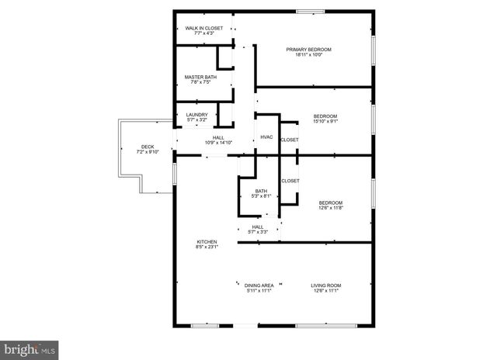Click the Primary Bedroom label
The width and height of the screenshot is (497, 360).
pos(308,50)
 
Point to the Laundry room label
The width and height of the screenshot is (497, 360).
pos(196,115)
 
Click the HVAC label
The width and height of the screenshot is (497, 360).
pos(266,137)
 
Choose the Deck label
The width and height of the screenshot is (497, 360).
pos(147,147)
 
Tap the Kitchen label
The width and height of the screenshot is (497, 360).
pos(207,242)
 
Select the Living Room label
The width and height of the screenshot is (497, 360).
pos(327,286)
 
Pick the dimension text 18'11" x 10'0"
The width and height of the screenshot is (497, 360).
pos(308,55)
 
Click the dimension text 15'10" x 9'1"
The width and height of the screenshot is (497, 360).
pos(325,121)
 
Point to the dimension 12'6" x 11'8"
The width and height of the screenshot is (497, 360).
pos(330,207)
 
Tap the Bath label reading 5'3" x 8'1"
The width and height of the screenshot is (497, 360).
pos(261,196)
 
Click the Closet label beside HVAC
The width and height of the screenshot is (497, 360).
pos(290,140)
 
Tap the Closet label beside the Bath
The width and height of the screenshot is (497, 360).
pos(290,181)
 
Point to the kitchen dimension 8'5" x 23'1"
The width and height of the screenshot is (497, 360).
pos(207,247)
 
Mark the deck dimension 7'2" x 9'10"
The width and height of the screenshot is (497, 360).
pos(147,152)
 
